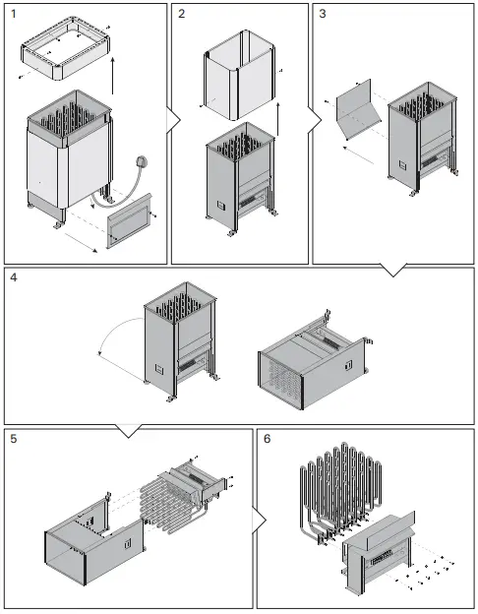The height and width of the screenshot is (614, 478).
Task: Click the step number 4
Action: coord(13,278)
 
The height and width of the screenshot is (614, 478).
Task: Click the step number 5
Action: coord(13,439)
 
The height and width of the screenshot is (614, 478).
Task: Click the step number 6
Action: coord(268,439)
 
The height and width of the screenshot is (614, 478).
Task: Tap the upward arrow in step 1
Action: coord(113,73)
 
